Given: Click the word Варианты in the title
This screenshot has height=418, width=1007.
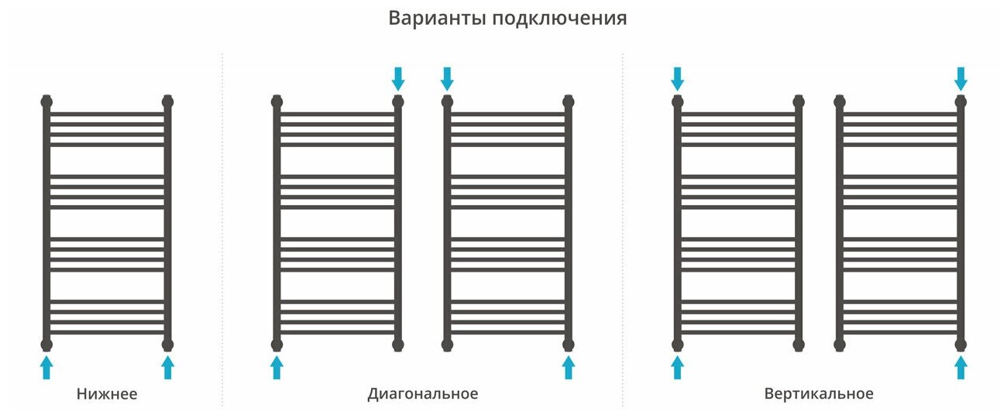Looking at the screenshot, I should (436, 19).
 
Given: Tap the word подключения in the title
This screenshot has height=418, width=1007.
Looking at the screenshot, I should (559, 19).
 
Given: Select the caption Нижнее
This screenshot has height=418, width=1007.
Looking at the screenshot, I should (107, 394).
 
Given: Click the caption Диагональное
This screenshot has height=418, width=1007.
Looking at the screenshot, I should (422, 394).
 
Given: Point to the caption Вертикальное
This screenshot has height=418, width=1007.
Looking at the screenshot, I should (819, 394).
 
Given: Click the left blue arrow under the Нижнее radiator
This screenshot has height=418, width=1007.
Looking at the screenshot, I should (46, 367).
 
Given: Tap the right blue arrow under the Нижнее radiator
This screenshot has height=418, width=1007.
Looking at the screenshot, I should (167, 367).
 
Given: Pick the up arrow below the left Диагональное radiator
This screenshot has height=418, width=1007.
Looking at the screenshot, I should (277, 367).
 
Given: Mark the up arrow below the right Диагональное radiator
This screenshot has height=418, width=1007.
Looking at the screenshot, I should (569, 367).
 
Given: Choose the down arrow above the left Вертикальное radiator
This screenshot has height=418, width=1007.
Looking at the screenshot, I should (677, 78).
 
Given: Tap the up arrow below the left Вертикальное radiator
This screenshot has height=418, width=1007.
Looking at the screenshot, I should (677, 367).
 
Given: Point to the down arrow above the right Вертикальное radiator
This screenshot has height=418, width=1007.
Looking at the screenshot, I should (961, 78).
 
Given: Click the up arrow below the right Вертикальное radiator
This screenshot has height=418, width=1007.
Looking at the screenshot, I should (961, 367).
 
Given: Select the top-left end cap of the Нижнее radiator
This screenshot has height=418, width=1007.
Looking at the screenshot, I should (46, 101).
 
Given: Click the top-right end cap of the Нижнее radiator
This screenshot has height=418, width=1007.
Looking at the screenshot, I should (167, 101).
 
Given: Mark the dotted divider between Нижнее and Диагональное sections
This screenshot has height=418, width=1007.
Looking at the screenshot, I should (222, 232).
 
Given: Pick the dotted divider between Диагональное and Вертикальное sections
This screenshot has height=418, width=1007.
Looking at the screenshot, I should (622, 232).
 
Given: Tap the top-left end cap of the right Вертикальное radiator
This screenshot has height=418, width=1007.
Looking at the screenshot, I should (840, 101).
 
